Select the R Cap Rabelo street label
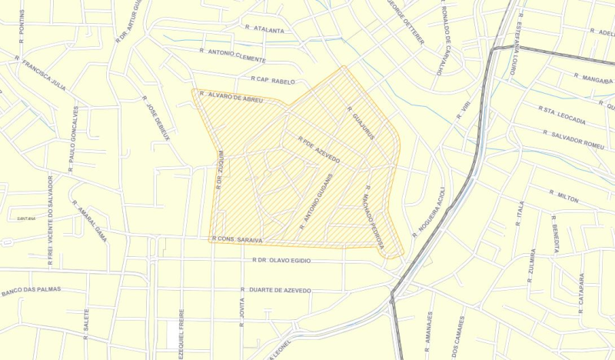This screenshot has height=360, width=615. (x=273, y=79)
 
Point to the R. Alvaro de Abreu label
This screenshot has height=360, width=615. (x=231, y=98)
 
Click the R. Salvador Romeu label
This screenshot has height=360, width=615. (x=573, y=139)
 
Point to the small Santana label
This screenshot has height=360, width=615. (x=26, y=218)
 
